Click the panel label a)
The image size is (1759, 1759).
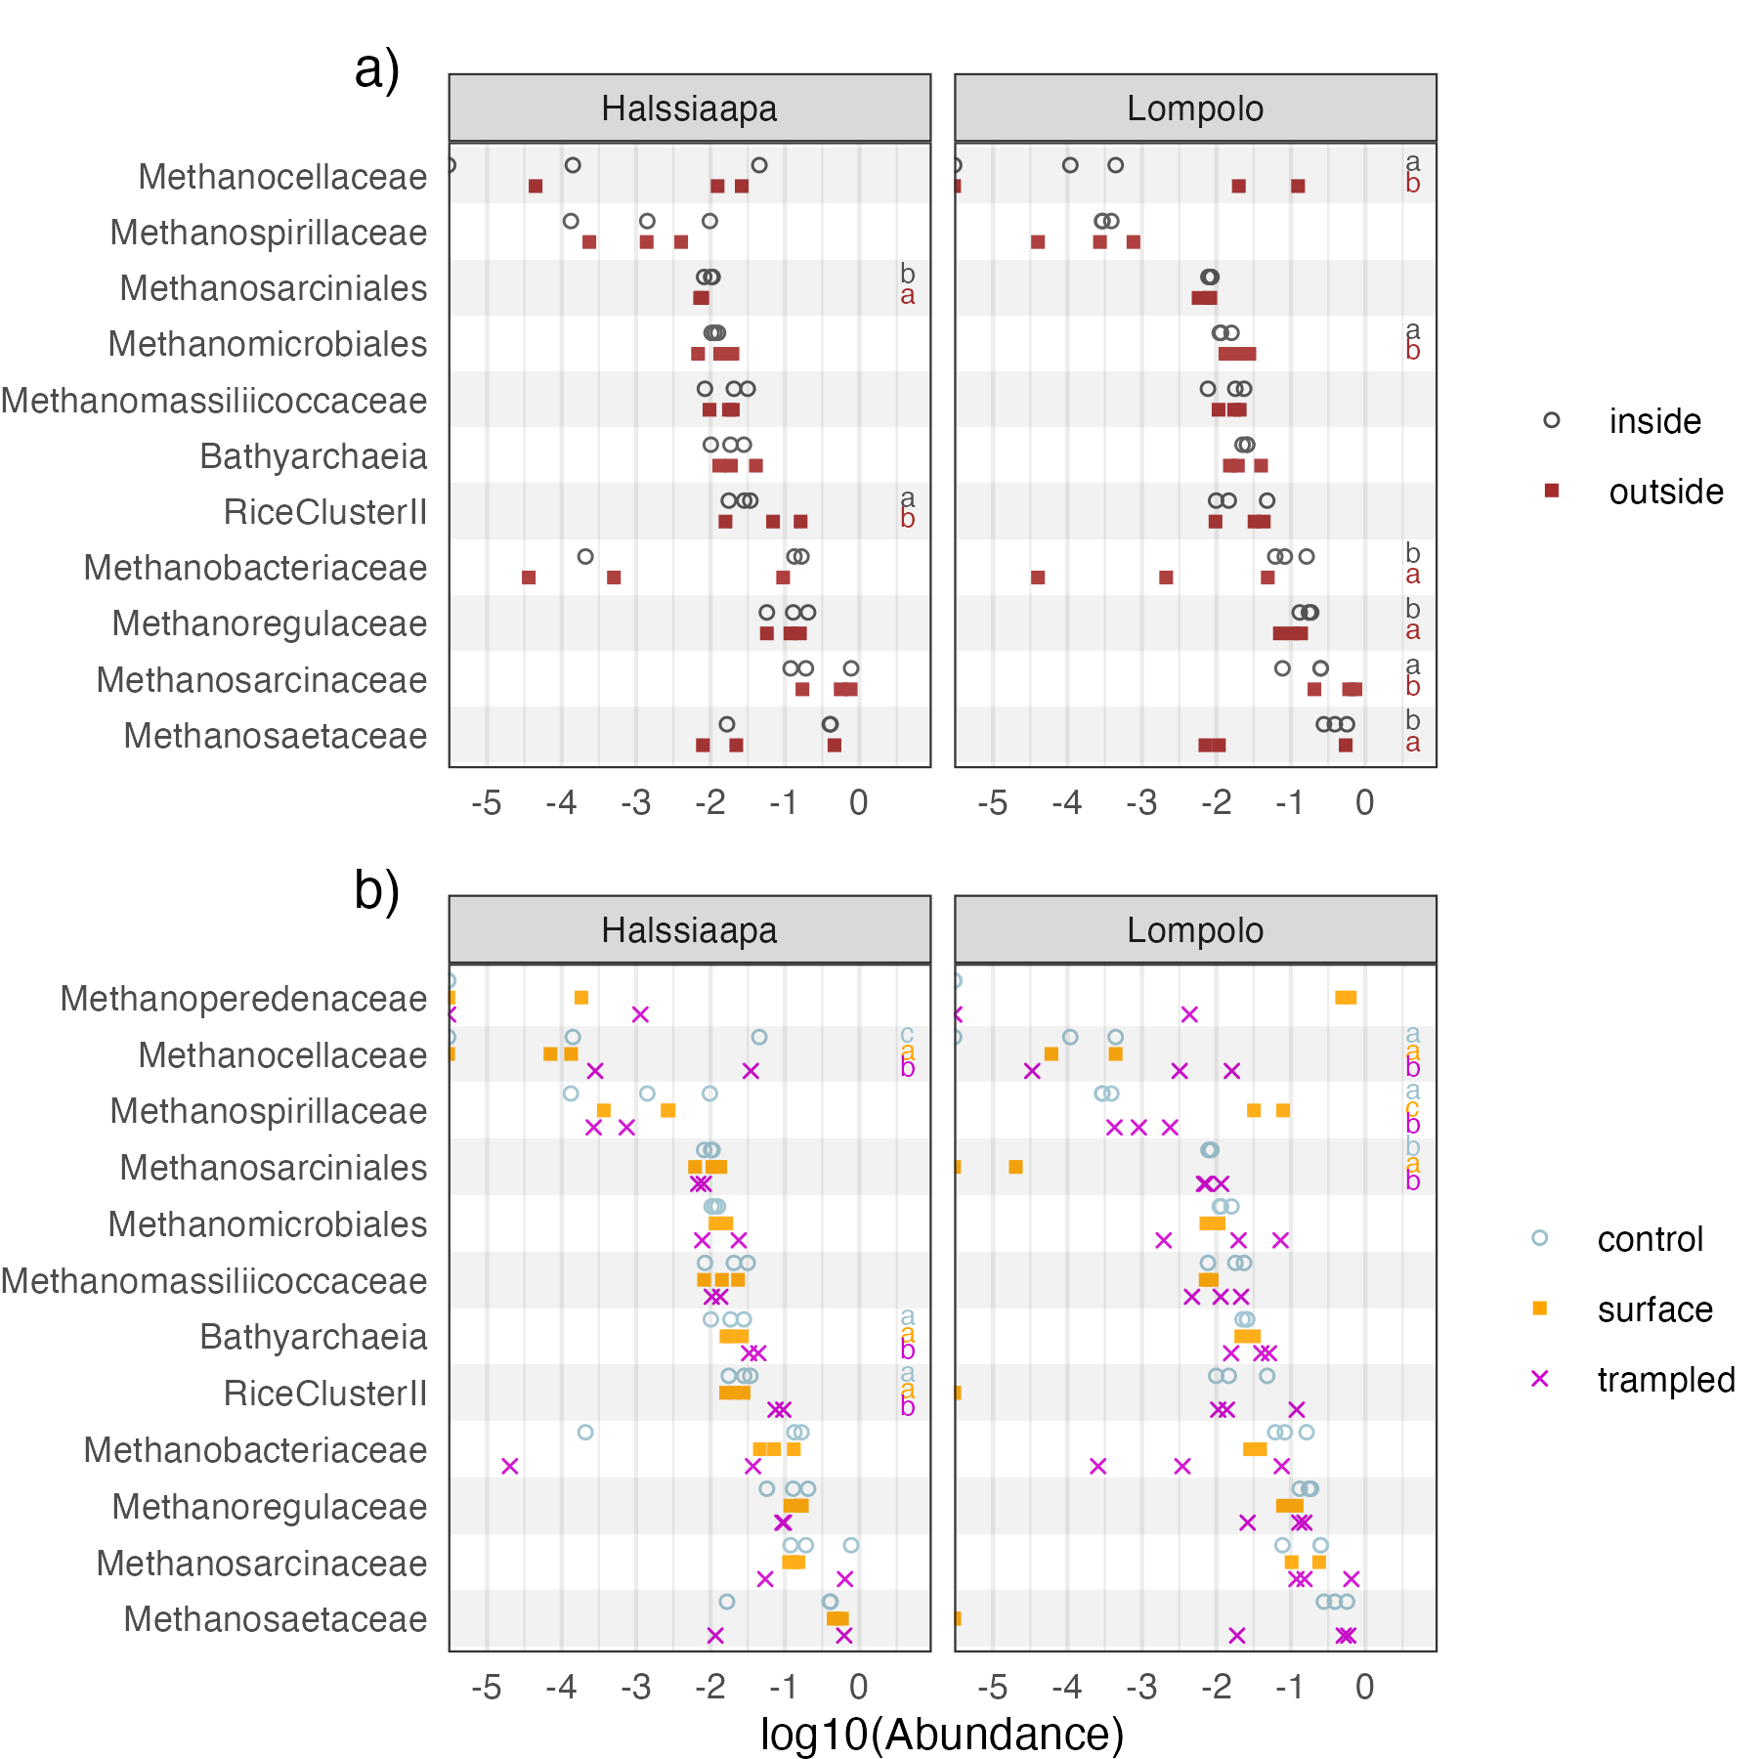(x=377, y=70)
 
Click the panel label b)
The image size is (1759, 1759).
(x=377, y=891)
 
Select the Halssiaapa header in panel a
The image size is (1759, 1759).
(x=689, y=108)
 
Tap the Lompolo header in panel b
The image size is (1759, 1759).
(x=1194, y=930)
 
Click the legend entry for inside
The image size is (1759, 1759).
(x=1654, y=421)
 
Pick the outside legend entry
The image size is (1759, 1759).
(x=1665, y=492)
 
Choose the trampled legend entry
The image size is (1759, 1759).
(x=1665, y=1380)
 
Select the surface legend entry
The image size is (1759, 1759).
(x=1654, y=1309)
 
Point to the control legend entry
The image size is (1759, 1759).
(x=1650, y=1239)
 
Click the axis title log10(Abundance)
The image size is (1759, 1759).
(x=942, y=1735)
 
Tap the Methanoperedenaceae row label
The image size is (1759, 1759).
(x=243, y=999)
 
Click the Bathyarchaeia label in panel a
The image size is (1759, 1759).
(x=313, y=456)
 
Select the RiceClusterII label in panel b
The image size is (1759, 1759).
(x=324, y=1394)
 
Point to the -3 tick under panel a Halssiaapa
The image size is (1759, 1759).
(x=636, y=803)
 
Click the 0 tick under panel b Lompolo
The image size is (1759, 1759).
(x=1364, y=1688)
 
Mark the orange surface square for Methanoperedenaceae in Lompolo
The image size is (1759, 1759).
(x=1346, y=998)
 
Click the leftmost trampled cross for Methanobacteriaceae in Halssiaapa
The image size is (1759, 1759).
(x=509, y=1466)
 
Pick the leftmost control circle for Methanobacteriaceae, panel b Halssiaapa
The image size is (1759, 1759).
(x=585, y=1433)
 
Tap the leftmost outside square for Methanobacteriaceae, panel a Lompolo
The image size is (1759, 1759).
(x=1038, y=578)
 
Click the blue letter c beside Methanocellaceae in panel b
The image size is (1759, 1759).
(x=908, y=1035)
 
